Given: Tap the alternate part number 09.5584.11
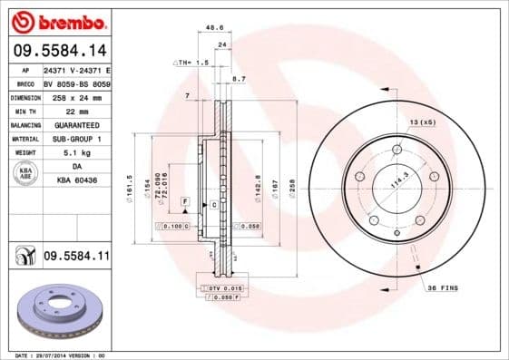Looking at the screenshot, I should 76,258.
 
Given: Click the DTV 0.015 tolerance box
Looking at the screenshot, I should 223,287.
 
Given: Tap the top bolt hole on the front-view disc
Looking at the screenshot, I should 397,151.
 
